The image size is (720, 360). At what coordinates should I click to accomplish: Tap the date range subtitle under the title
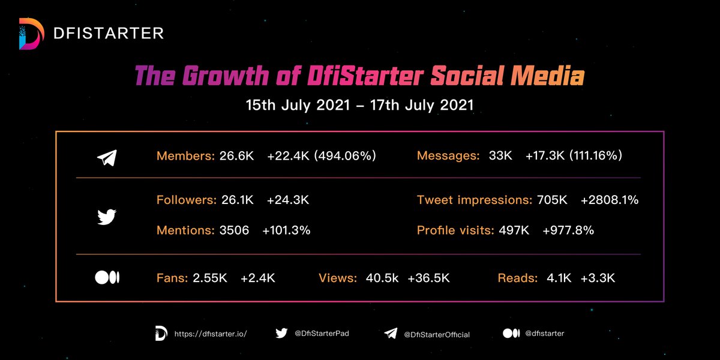click(x=359, y=104)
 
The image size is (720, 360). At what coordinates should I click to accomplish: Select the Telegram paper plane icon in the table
click(x=107, y=157)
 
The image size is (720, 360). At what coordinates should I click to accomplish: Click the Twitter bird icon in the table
click(x=107, y=216)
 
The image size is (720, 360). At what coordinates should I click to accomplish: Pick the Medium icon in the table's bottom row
click(x=107, y=278)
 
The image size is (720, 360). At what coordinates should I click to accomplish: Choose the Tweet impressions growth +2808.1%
click(x=609, y=200)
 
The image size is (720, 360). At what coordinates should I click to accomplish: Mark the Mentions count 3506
click(x=235, y=230)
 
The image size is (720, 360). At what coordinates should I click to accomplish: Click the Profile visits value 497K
click(x=514, y=230)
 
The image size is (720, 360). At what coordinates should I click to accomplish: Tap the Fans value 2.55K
click(x=211, y=278)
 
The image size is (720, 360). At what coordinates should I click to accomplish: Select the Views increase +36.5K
click(x=428, y=278)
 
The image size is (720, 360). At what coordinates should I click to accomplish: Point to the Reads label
click(x=517, y=278)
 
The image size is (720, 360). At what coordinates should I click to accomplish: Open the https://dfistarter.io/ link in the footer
click(x=210, y=334)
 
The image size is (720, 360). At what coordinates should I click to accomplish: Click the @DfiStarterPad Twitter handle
click(x=321, y=334)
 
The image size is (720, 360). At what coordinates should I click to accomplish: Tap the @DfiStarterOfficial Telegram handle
click(x=436, y=334)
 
